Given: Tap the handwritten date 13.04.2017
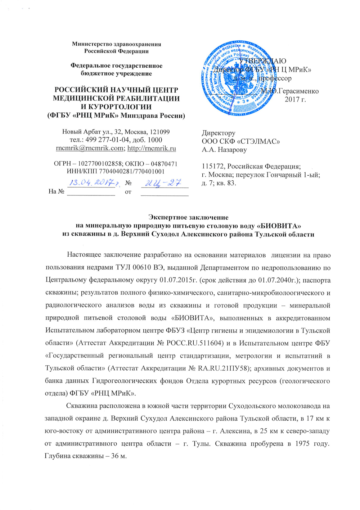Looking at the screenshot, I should (91, 183).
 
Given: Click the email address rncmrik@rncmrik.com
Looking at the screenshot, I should (90, 148).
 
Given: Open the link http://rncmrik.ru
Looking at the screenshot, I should (152, 148).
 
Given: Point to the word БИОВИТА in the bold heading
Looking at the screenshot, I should (277, 226).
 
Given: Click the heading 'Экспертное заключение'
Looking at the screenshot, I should (188, 217).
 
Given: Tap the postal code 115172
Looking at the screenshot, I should (213, 167).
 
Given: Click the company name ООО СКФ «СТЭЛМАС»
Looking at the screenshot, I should (241, 141).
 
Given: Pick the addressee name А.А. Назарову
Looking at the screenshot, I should (224, 150).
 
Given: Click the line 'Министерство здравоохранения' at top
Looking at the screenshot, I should (116, 44).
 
